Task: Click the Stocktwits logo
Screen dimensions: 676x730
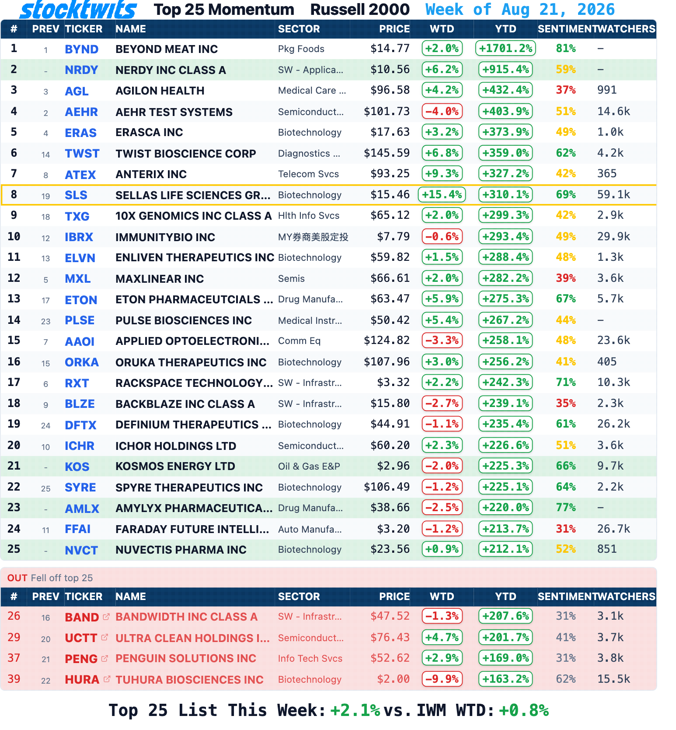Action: pos(78,10)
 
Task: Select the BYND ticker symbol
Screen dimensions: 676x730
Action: pos(81,49)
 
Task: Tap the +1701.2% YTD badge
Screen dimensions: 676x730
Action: pos(505,48)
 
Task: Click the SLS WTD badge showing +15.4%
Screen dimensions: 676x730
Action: pos(442,194)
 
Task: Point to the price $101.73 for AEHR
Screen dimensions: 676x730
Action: pos(387,112)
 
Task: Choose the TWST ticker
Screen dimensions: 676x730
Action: pos(82,154)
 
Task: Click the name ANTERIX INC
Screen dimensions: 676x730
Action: pos(151,174)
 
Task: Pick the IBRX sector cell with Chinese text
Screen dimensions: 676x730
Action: pos(313,237)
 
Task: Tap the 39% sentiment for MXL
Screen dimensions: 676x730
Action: pos(566,278)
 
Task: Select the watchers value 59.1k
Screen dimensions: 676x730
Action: pos(613,195)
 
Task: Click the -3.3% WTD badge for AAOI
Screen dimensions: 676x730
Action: pos(442,340)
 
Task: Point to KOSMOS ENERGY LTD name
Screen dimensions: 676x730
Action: pos(175,467)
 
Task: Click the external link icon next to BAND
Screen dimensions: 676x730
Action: pos(106,617)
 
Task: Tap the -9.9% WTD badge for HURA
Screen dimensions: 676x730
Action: pos(442,679)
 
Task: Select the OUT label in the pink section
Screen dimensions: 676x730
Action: pos(17,578)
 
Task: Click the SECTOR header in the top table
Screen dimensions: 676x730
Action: pos(299,29)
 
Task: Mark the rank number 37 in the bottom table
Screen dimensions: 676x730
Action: pos(14,658)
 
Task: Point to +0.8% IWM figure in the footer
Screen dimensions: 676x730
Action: pos(524,710)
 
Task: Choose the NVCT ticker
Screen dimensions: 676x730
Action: pos(81,551)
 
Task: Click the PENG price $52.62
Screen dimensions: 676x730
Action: pos(390,658)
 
